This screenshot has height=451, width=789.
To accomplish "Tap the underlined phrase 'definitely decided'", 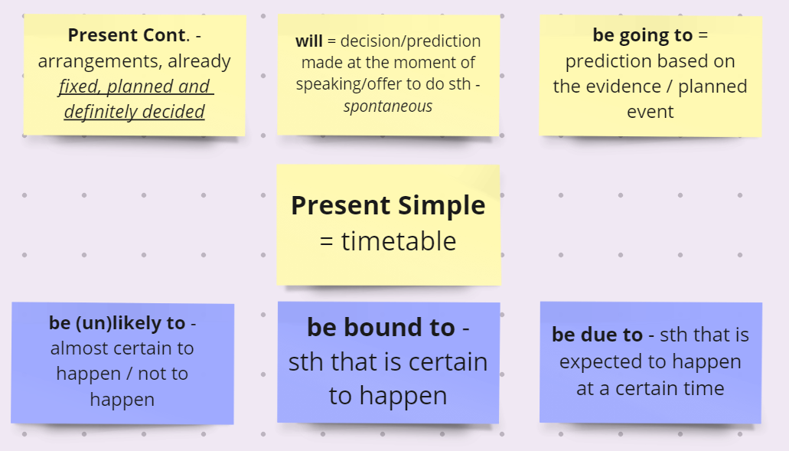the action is point(135,112).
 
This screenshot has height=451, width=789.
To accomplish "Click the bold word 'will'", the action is point(309,41).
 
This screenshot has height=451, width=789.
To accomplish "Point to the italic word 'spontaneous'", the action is point(388,106).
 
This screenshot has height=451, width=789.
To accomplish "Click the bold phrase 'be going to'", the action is point(643,35).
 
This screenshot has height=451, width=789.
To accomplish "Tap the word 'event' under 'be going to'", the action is point(650,112).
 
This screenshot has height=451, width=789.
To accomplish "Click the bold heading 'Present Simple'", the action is point(388,205).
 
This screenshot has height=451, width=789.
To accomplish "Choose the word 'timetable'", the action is point(399,241).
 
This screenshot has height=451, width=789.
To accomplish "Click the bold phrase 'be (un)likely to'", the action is point(117,323).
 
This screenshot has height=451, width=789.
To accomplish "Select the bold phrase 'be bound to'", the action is point(381,327).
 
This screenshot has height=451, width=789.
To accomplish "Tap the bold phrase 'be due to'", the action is point(597,335).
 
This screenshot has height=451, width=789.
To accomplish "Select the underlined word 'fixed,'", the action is point(79,87).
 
